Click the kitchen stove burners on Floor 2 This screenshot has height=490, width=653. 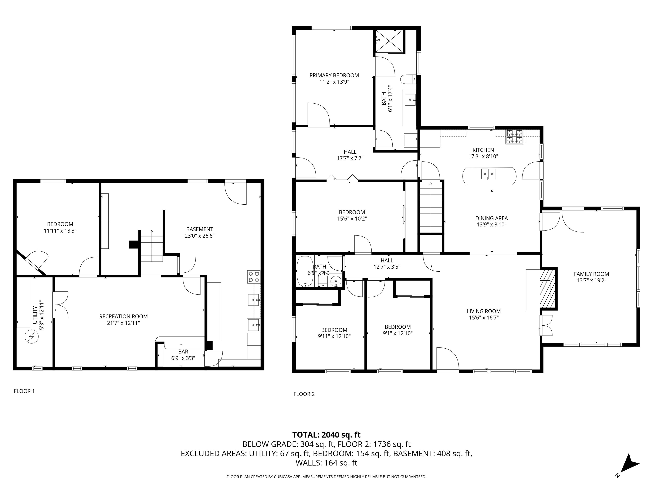click(x=514, y=137)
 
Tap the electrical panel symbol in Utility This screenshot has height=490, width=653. click(x=32, y=337)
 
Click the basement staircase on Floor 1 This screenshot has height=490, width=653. click(x=151, y=246)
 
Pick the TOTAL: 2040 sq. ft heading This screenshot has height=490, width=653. click(x=326, y=435)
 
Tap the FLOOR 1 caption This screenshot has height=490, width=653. click(x=24, y=391)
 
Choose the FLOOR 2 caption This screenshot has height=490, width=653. click(x=304, y=394)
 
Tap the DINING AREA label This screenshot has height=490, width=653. click(x=491, y=218)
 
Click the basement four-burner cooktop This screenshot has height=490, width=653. click(x=254, y=277)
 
